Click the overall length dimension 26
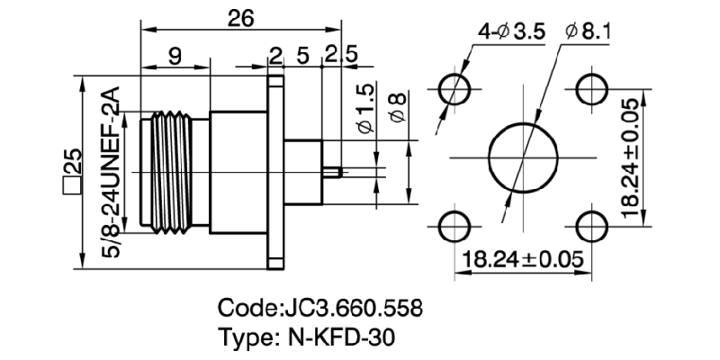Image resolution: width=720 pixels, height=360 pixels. pyautogui.click(x=239, y=18)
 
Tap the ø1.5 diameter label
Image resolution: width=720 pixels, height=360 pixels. pyautogui.click(x=364, y=110)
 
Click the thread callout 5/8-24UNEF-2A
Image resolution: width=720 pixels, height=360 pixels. pyautogui.click(x=112, y=172)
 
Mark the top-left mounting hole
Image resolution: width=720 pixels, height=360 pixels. pyautogui.click(x=455, y=90)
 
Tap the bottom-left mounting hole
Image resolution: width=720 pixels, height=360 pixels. pyautogui.click(x=455, y=226)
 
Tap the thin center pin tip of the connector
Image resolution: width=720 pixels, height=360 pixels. pyautogui.click(x=333, y=171)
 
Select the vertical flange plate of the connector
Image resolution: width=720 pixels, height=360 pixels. pyautogui.click(x=274, y=171)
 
